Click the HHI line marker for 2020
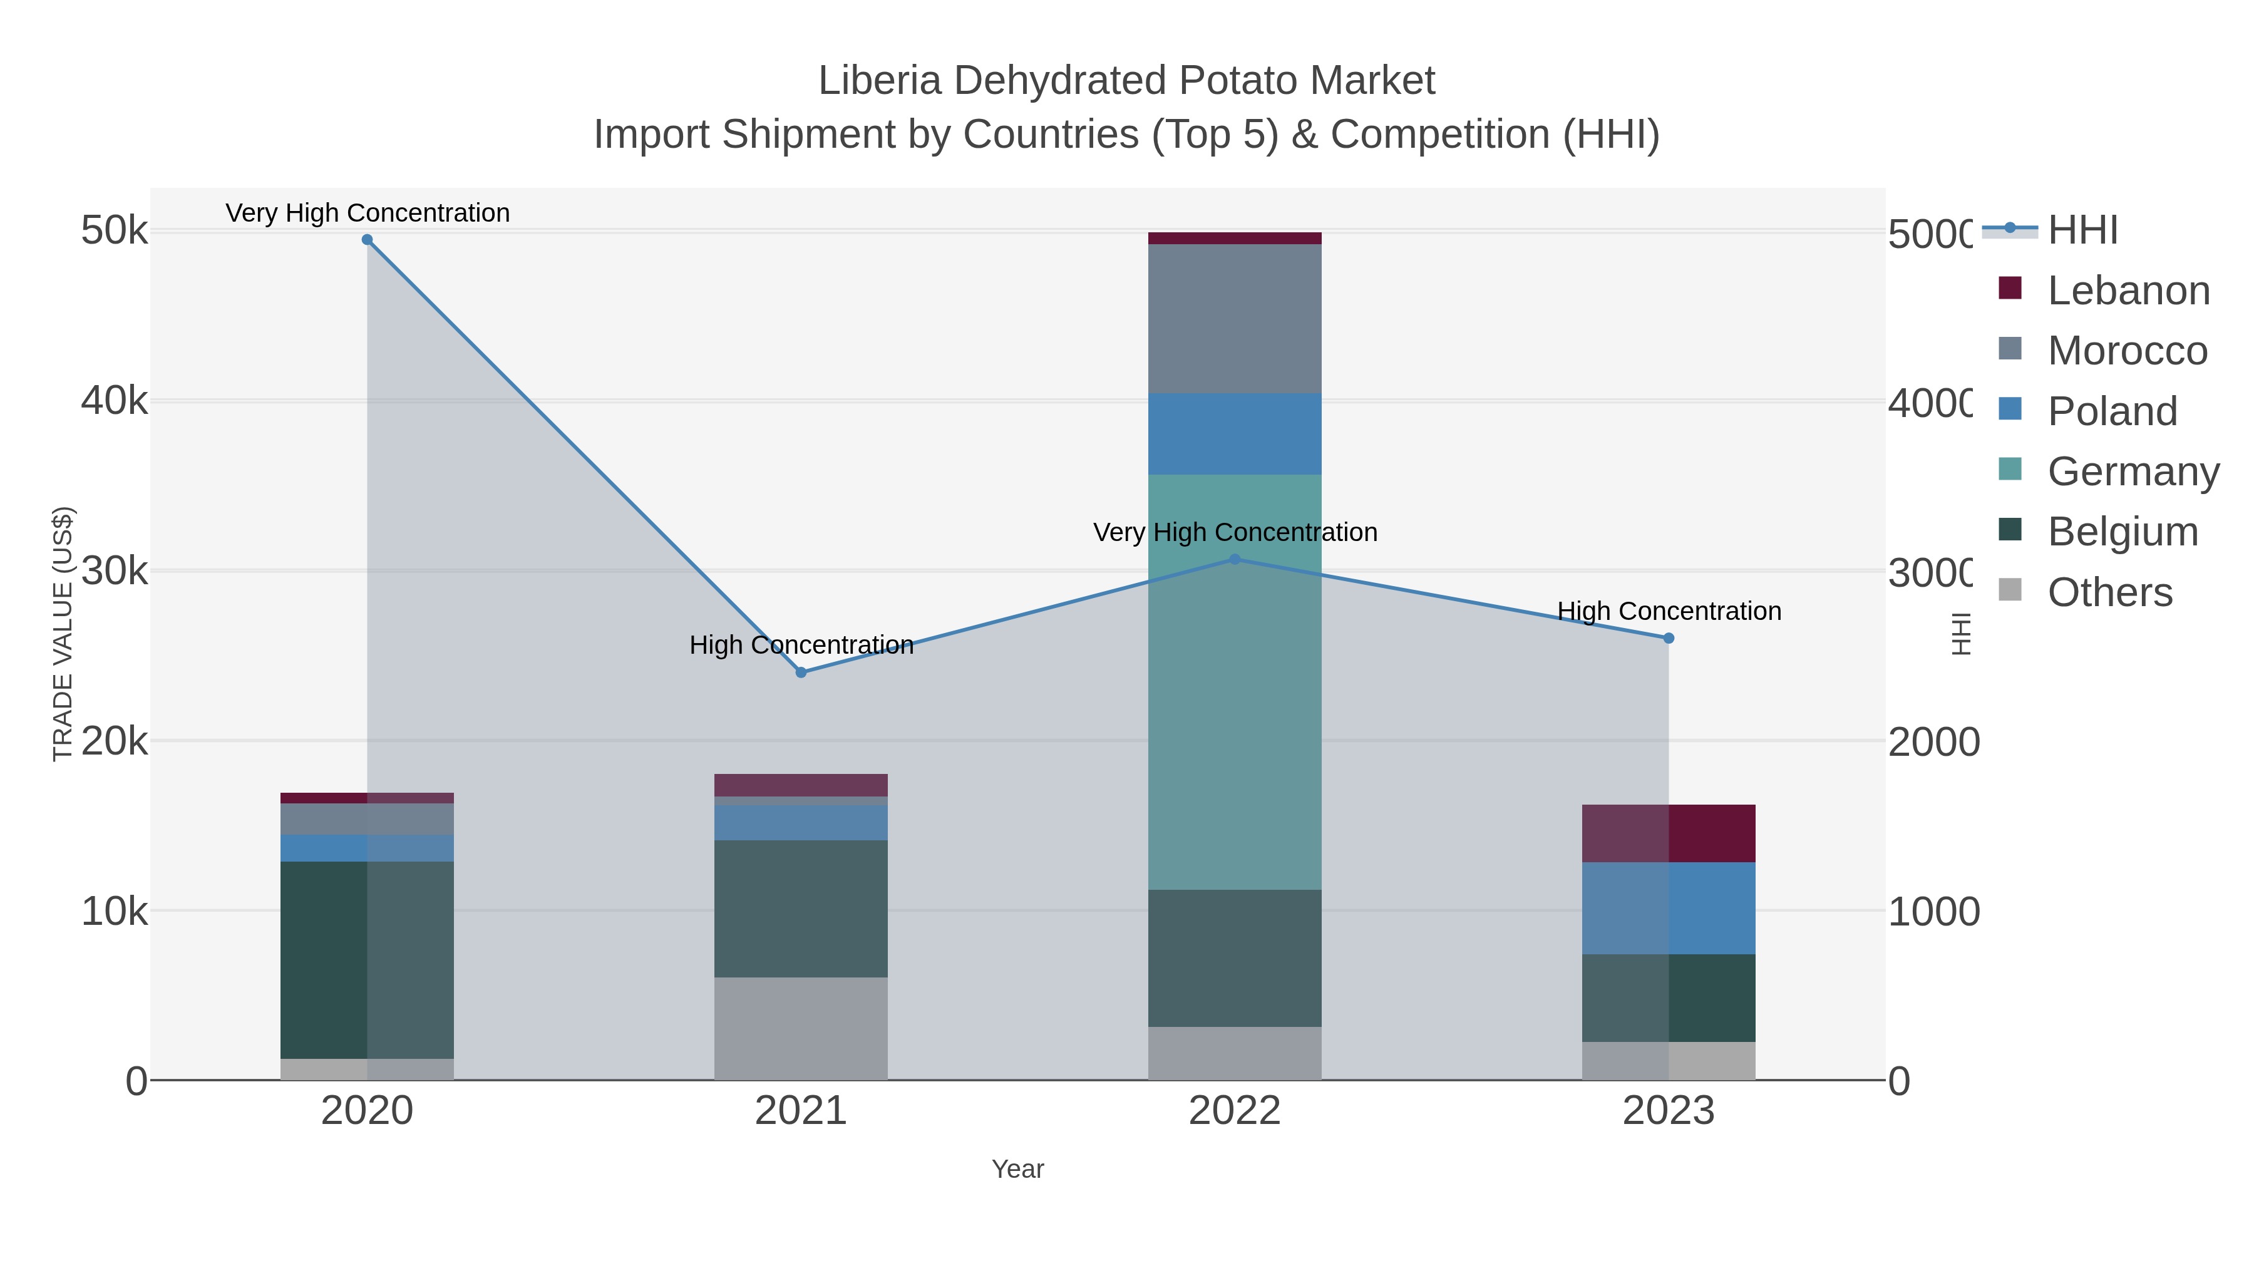(x=367, y=240)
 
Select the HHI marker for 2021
(x=801, y=672)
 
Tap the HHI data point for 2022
(x=1235, y=559)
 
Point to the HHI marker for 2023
(x=1668, y=638)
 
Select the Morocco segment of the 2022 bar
(x=1235, y=319)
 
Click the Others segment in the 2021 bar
(x=801, y=1028)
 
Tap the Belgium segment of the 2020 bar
(x=367, y=960)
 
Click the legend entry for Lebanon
(x=2128, y=291)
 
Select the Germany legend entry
(x=2133, y=472)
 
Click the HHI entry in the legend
(x=2082, y=230)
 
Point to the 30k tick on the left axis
(x=115, y=572)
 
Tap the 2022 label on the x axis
(x=1235, y=1110)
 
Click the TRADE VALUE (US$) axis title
(x=63, y=634)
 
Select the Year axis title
(x=1017, y=1169)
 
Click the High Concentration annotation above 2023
(x=1669, y=611)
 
